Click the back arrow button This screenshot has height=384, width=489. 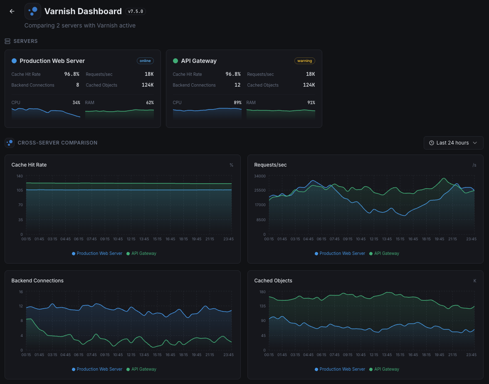12,12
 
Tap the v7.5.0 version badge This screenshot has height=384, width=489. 136,12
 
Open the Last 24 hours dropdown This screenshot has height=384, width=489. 453,143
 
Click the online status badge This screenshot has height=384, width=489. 145,61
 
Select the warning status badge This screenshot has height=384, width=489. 304,61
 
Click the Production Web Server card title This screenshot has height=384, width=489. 52,61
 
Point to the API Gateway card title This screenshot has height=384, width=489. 199,61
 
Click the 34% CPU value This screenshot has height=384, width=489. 76,102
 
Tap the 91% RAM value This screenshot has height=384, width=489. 311,102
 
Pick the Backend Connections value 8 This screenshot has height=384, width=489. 77,85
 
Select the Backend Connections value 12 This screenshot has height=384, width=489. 237,85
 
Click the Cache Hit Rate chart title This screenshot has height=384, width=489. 29,165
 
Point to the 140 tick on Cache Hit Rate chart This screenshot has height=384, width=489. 20,176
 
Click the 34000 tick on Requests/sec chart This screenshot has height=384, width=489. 260,176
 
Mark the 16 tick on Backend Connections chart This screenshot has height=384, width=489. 21,292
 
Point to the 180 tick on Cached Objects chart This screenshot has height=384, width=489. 262,292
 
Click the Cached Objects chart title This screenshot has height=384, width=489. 273,281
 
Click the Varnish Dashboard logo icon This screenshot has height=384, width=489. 33,11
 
